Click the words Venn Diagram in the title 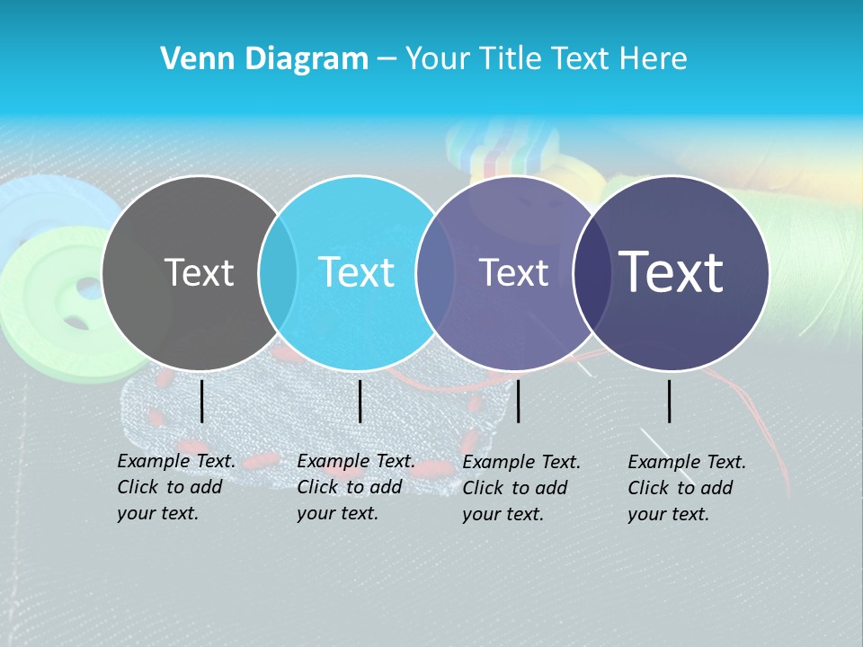coord(264,59)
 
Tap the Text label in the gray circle coord(199,272)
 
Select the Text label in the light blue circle coord(356,272)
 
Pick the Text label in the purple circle coord(513,272)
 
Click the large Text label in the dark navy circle coord(672,272)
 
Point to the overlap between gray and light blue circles coord(278,272)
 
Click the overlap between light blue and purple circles coord(435,272)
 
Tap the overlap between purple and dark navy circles coord(592,272)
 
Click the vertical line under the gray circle coord(201,401)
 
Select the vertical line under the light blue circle coord(360,401)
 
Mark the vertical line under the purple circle coord(518,401)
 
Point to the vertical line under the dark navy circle coord(669,401)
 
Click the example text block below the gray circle coord(176,487)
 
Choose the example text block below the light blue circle coord(356,487)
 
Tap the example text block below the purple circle coord(521,488)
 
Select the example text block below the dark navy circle coord(687,488)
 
